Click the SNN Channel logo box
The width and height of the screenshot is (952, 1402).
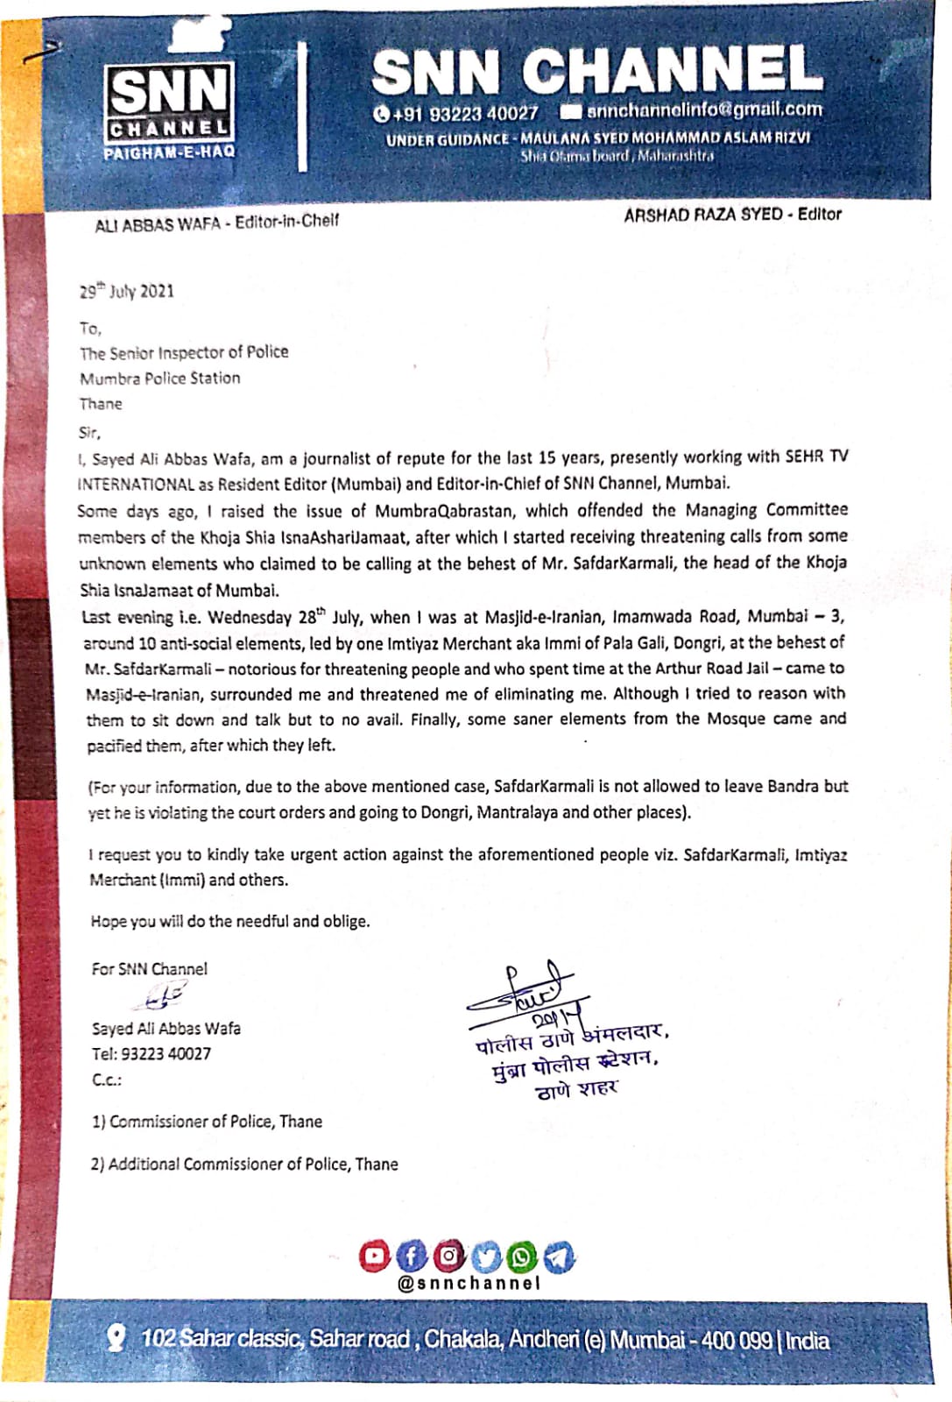(170, 103)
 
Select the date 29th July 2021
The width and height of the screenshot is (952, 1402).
(127, 291)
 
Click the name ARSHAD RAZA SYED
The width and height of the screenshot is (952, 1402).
(702, 215)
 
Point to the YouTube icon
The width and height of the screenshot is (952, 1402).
(374, 1256)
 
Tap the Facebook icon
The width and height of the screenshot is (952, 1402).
(412, 1256)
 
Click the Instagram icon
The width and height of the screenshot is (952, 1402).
(448, 1256)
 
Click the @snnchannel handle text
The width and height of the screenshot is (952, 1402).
(469, 1283)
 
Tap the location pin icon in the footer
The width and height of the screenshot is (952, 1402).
(115, 1338)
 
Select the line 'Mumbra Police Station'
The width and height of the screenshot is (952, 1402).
(159, 379)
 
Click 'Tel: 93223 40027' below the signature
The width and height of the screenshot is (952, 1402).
(152, 1054)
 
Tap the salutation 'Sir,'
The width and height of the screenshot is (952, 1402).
(90, 433)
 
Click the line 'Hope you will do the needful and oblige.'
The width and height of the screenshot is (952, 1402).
(229, 921)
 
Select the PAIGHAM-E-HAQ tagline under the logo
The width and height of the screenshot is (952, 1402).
(169, 152)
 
